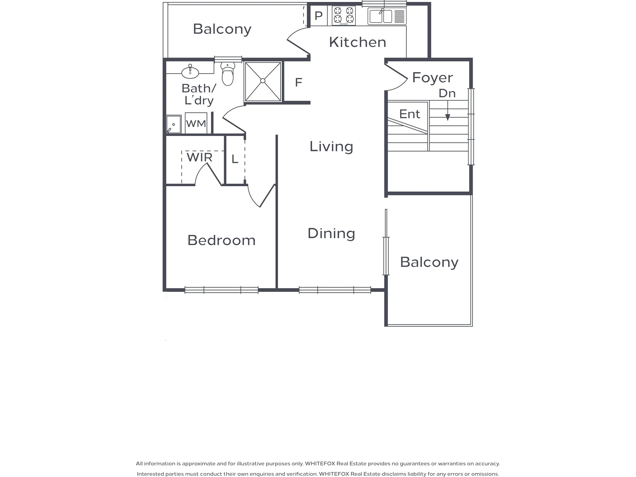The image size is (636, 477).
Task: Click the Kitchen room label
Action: click(x=357, y=42)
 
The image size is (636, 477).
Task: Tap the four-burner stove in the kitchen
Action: click(x=344, y=16)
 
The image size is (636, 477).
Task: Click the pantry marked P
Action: click(x=318, y=16)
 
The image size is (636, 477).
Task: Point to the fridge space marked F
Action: click(x=298, y=82)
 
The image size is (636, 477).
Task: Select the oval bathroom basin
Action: click(x=190, y=72)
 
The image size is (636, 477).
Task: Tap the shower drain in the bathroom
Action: click(x=263, y=81)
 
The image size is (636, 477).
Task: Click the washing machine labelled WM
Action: click(x=196, y=123)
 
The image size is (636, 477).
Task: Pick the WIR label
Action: click(x=199, y=157)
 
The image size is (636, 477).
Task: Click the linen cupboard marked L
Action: click(x=235, y=159)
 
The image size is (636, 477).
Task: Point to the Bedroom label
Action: click(x=221, y=240)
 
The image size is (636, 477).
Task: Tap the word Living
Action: click(x=331, y=146)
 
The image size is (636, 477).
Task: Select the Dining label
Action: click(x=331, y=233)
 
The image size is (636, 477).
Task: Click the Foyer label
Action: click(x=432, y=78)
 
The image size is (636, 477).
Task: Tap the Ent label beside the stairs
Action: click(x=410, y=114)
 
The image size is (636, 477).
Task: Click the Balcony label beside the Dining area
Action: click(x=429, y=262)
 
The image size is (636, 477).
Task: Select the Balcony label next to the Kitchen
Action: click(x=222, y=29)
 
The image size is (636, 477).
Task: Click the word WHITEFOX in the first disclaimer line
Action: click(x=320, y=463)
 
